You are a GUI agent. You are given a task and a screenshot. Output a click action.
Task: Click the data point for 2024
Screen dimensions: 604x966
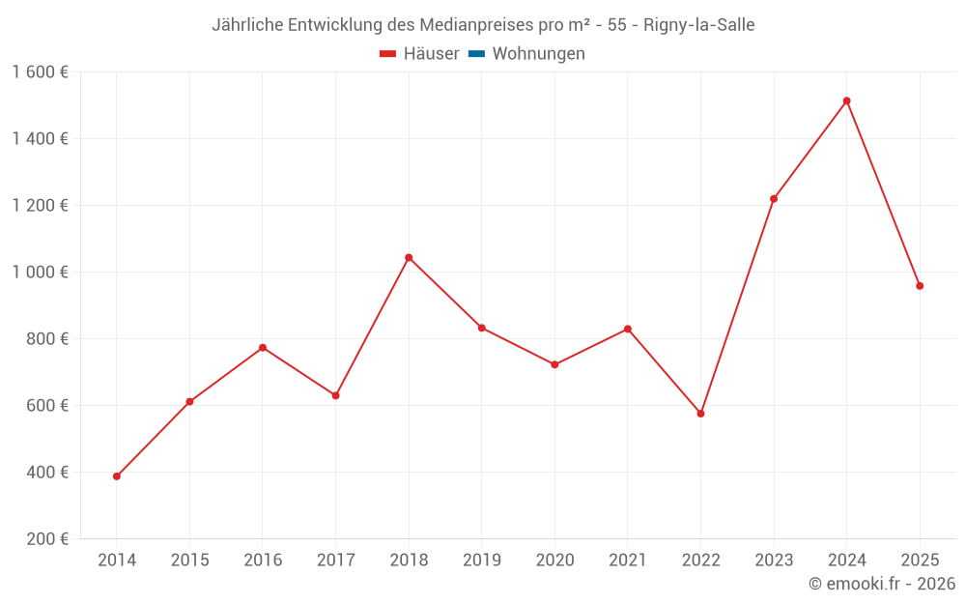click(x=846, y=101)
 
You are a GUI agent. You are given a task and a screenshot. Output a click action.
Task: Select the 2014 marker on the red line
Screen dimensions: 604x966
click(x=117, y=476)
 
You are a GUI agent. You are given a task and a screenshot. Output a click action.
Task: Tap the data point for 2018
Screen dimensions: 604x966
click(x=409, y=258)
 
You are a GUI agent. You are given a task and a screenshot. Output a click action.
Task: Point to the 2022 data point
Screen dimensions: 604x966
click(x=700, y=414)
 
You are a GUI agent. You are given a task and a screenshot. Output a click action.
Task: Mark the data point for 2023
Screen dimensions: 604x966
click(x=774, y=199)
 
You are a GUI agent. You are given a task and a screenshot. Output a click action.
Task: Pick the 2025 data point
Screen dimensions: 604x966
click(x=920, y=286)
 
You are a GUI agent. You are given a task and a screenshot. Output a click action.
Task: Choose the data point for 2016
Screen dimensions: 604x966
click(x=263, y=348)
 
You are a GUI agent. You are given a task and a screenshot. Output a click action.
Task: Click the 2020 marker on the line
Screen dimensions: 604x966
click(x=554, y=364)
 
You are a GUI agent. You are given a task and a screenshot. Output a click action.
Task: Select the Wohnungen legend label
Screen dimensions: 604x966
click(x=538, y=54)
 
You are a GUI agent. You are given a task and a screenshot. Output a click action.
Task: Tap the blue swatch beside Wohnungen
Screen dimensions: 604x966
click(x=476, y=54)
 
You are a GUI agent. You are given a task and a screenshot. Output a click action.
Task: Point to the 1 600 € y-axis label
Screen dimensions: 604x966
click(x=41, y=72)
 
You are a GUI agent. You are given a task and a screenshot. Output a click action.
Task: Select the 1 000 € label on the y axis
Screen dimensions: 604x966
click(x=41, y=273)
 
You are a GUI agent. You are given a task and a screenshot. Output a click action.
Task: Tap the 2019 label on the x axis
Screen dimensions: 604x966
click(x=482, y=561)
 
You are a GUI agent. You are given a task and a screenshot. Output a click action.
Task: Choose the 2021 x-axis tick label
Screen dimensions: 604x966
click(x=628, y=561)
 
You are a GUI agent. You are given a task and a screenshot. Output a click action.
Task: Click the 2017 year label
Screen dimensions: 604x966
click(x=335, y=561)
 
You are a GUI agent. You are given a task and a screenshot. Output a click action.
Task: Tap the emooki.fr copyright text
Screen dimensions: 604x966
click(x=882, y=584)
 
